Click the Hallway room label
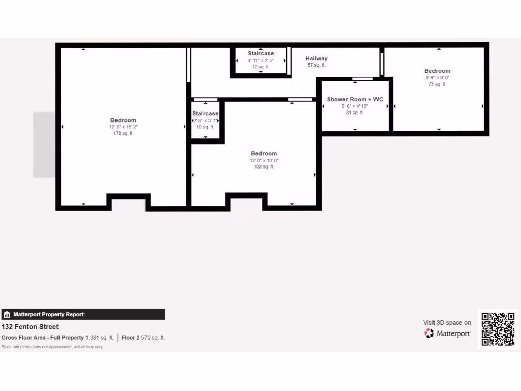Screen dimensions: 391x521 (316, 59)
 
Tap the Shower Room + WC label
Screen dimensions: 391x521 (355, 99)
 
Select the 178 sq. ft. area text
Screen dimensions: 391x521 (123, 133)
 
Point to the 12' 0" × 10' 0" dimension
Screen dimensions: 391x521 (264, 160)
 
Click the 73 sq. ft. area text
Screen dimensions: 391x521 (437, 84)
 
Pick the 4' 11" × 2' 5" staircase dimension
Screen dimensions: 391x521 (260, 60)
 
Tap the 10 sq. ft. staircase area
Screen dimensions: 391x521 (205, 127)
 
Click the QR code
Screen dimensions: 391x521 (498, 329)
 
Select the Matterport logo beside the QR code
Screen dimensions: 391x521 (448, 333)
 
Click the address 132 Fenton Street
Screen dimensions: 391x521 (30, 327)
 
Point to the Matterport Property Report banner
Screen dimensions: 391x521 (83, 314)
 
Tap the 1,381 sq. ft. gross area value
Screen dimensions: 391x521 (100, 338)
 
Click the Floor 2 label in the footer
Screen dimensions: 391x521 (130, 338)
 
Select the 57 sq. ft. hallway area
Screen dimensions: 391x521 (316, 65)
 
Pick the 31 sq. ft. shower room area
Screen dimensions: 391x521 (355, 113)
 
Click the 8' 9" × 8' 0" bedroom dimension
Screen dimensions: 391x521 (437, 77)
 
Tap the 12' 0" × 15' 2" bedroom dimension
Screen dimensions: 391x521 (123, 127)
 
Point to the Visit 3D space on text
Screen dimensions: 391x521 (447, 322)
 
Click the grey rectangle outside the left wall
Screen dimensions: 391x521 (44, 145)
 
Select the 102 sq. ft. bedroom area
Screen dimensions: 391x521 (264, 167)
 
